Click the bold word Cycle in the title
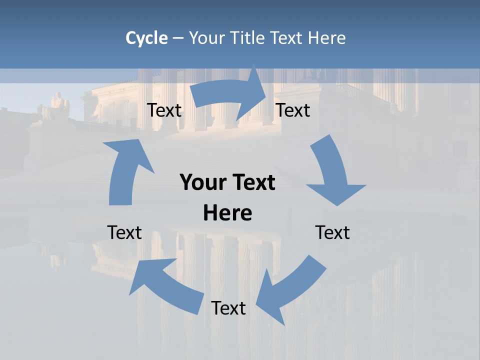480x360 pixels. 146,38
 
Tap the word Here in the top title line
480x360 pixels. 326,38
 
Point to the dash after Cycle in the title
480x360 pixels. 178,38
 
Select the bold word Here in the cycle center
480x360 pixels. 227,213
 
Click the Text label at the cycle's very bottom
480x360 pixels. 228,308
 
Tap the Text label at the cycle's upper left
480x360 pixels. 164,110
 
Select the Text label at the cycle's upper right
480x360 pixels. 293,110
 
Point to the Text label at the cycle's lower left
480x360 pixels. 124,232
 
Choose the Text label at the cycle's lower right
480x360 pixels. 332,232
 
